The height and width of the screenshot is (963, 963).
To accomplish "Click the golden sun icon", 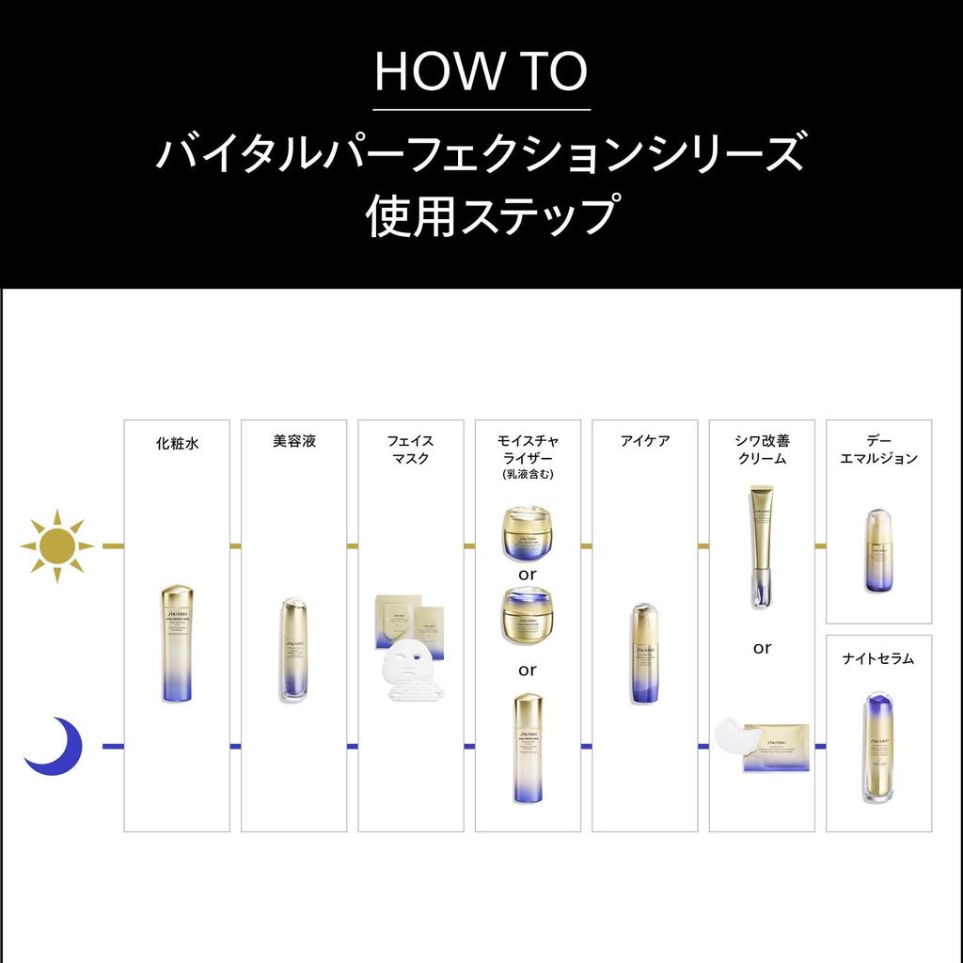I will pos(56,545).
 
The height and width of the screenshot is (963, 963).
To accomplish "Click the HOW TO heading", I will pos(481,71).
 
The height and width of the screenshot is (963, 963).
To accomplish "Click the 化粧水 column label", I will pos(177,443).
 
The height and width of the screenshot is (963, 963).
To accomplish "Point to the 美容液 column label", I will pos(293,441).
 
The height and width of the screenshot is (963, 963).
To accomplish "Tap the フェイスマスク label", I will pos(410,450).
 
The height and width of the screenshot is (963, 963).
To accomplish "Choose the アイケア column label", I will pos(644,440).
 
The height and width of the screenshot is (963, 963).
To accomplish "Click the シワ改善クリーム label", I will pos(762,450).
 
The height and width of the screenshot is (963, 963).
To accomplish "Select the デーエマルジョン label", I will pos(878,450).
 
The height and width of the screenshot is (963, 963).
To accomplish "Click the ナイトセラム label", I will pos(878,658).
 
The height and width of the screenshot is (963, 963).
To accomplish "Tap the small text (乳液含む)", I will pos(528,475).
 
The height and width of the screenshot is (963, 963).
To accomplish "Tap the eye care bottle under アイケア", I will pos(644,654).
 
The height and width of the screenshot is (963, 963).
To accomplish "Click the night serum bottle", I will pos(878,748).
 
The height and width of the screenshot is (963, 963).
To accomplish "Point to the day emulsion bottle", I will pos(878,551).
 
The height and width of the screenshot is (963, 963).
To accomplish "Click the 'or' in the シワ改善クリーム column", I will pos(762,648).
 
